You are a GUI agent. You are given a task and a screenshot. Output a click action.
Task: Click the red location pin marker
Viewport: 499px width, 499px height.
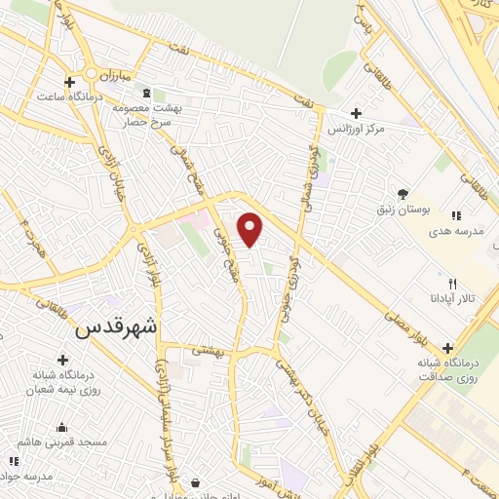click(x=250, y=228)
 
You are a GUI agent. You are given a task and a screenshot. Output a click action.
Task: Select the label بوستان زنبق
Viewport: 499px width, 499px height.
click(x=401, y=210)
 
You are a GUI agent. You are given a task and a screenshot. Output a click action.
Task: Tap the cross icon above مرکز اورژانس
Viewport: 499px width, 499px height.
click(x=357, y=113)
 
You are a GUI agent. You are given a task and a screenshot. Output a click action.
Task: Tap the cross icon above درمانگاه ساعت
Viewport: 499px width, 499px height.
click(x=68, y=82)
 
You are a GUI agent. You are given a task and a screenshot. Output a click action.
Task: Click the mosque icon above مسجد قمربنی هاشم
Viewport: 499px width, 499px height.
click(x=62, y=427)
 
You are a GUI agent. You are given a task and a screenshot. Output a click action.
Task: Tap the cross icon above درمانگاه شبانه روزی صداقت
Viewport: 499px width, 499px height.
click(x=447, y=347)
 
